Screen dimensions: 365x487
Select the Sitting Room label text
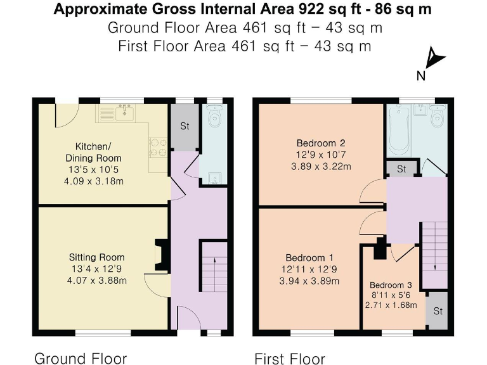[x=96, y=257]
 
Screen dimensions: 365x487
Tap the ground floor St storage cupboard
[x=185, y=127]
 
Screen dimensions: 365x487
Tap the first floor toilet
[x=436, y=117]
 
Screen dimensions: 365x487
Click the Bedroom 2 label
[x=320, y=143]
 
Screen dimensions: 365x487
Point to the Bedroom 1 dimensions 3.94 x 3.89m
[x=310, y=281]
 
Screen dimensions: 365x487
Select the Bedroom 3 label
[x=391, y=285]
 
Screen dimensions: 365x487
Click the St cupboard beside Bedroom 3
[x=438, y=311]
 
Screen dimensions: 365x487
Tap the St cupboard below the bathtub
[x=401, y=169]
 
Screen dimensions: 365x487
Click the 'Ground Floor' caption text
[x=80, y=358]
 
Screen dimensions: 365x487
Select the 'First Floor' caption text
[x=289, y=359]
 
